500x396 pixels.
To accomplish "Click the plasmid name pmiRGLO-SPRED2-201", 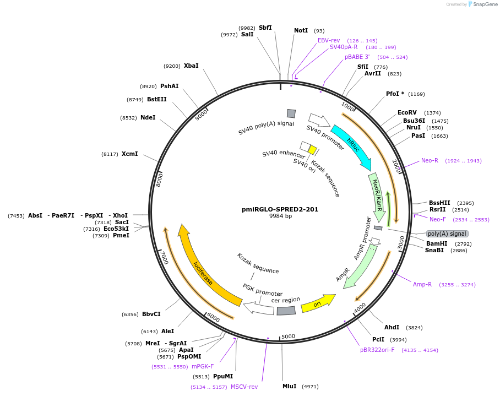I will click(280, 209).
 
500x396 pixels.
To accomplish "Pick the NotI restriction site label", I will click(301, 31).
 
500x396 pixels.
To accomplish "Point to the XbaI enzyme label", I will click(191, 66).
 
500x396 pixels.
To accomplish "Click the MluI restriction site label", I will click(290, 386).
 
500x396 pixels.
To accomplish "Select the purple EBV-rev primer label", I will click(329, 40).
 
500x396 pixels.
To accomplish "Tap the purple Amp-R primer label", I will click(422, 284).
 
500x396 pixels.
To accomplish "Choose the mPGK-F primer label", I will click(203, 366).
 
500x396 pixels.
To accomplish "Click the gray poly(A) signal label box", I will click(447, 234).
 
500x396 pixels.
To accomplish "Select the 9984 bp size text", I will click(280, 216).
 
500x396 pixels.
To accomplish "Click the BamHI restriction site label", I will click(437, 243).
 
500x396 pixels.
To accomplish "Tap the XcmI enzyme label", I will click(129, 154).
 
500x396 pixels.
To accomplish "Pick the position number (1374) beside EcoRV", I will click(432, 112).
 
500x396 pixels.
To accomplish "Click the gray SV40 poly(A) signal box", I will click(291, 113).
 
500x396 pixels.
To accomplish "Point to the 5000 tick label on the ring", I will click(288, 337).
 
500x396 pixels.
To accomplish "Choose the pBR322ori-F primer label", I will click(377, 350).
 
